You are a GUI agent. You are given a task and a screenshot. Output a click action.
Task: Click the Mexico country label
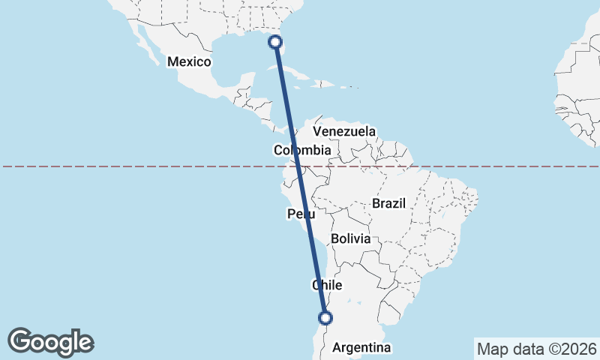point(189,61)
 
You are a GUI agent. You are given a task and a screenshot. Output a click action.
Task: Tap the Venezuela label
point(344,131)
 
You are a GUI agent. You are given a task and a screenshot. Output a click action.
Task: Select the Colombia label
point(301,151)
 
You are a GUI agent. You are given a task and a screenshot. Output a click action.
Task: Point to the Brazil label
point(388,203)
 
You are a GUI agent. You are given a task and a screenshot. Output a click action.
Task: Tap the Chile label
point(327,286)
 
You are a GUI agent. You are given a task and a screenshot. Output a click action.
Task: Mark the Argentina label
point(362,348)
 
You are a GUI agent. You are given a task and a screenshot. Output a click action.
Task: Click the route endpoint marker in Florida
point(276,42)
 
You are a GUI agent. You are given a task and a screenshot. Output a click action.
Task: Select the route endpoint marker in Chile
point(325,317)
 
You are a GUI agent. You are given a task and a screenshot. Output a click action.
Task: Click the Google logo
point(51,342)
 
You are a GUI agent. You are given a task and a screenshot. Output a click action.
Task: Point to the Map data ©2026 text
point(536,349)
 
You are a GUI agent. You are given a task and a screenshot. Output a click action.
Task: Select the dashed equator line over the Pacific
point(112,166)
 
